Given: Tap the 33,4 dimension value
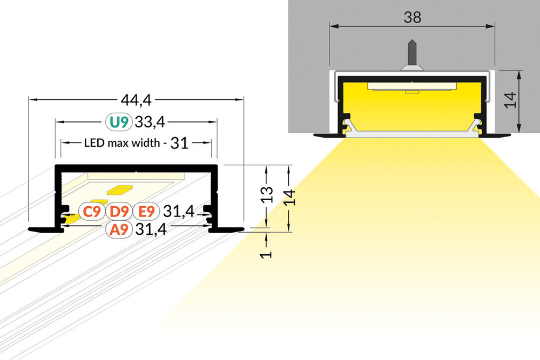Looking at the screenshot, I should [x=149, y=123].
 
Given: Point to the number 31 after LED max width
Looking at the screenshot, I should [x=179, y=143].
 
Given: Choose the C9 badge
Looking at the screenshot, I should [x=91, y=211].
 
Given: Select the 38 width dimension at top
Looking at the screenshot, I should [x=413, y=17].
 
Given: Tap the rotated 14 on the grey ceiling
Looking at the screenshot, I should [x=511, y=100].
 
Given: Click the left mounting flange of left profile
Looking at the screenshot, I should [x=43, y=230].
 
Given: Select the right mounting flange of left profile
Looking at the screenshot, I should [x=227, y=230].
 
